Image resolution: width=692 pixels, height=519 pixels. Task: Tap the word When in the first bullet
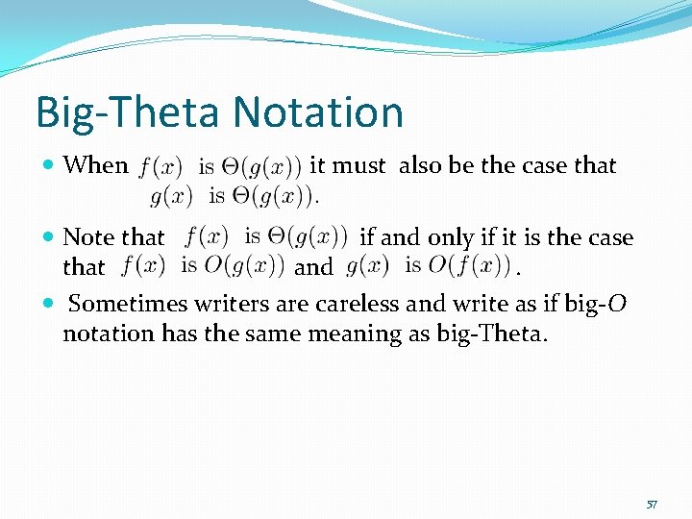(x=95, y=165)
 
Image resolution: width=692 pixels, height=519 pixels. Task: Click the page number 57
(x=652, y=504)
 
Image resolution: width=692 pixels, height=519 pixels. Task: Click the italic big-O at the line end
(x=602, y=304)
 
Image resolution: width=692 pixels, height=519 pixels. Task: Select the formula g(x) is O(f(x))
(x=428, y=264)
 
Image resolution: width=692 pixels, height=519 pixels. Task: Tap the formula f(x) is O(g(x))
(x=203, y=264)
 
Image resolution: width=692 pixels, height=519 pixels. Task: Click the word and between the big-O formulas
(x=313, y=266)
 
